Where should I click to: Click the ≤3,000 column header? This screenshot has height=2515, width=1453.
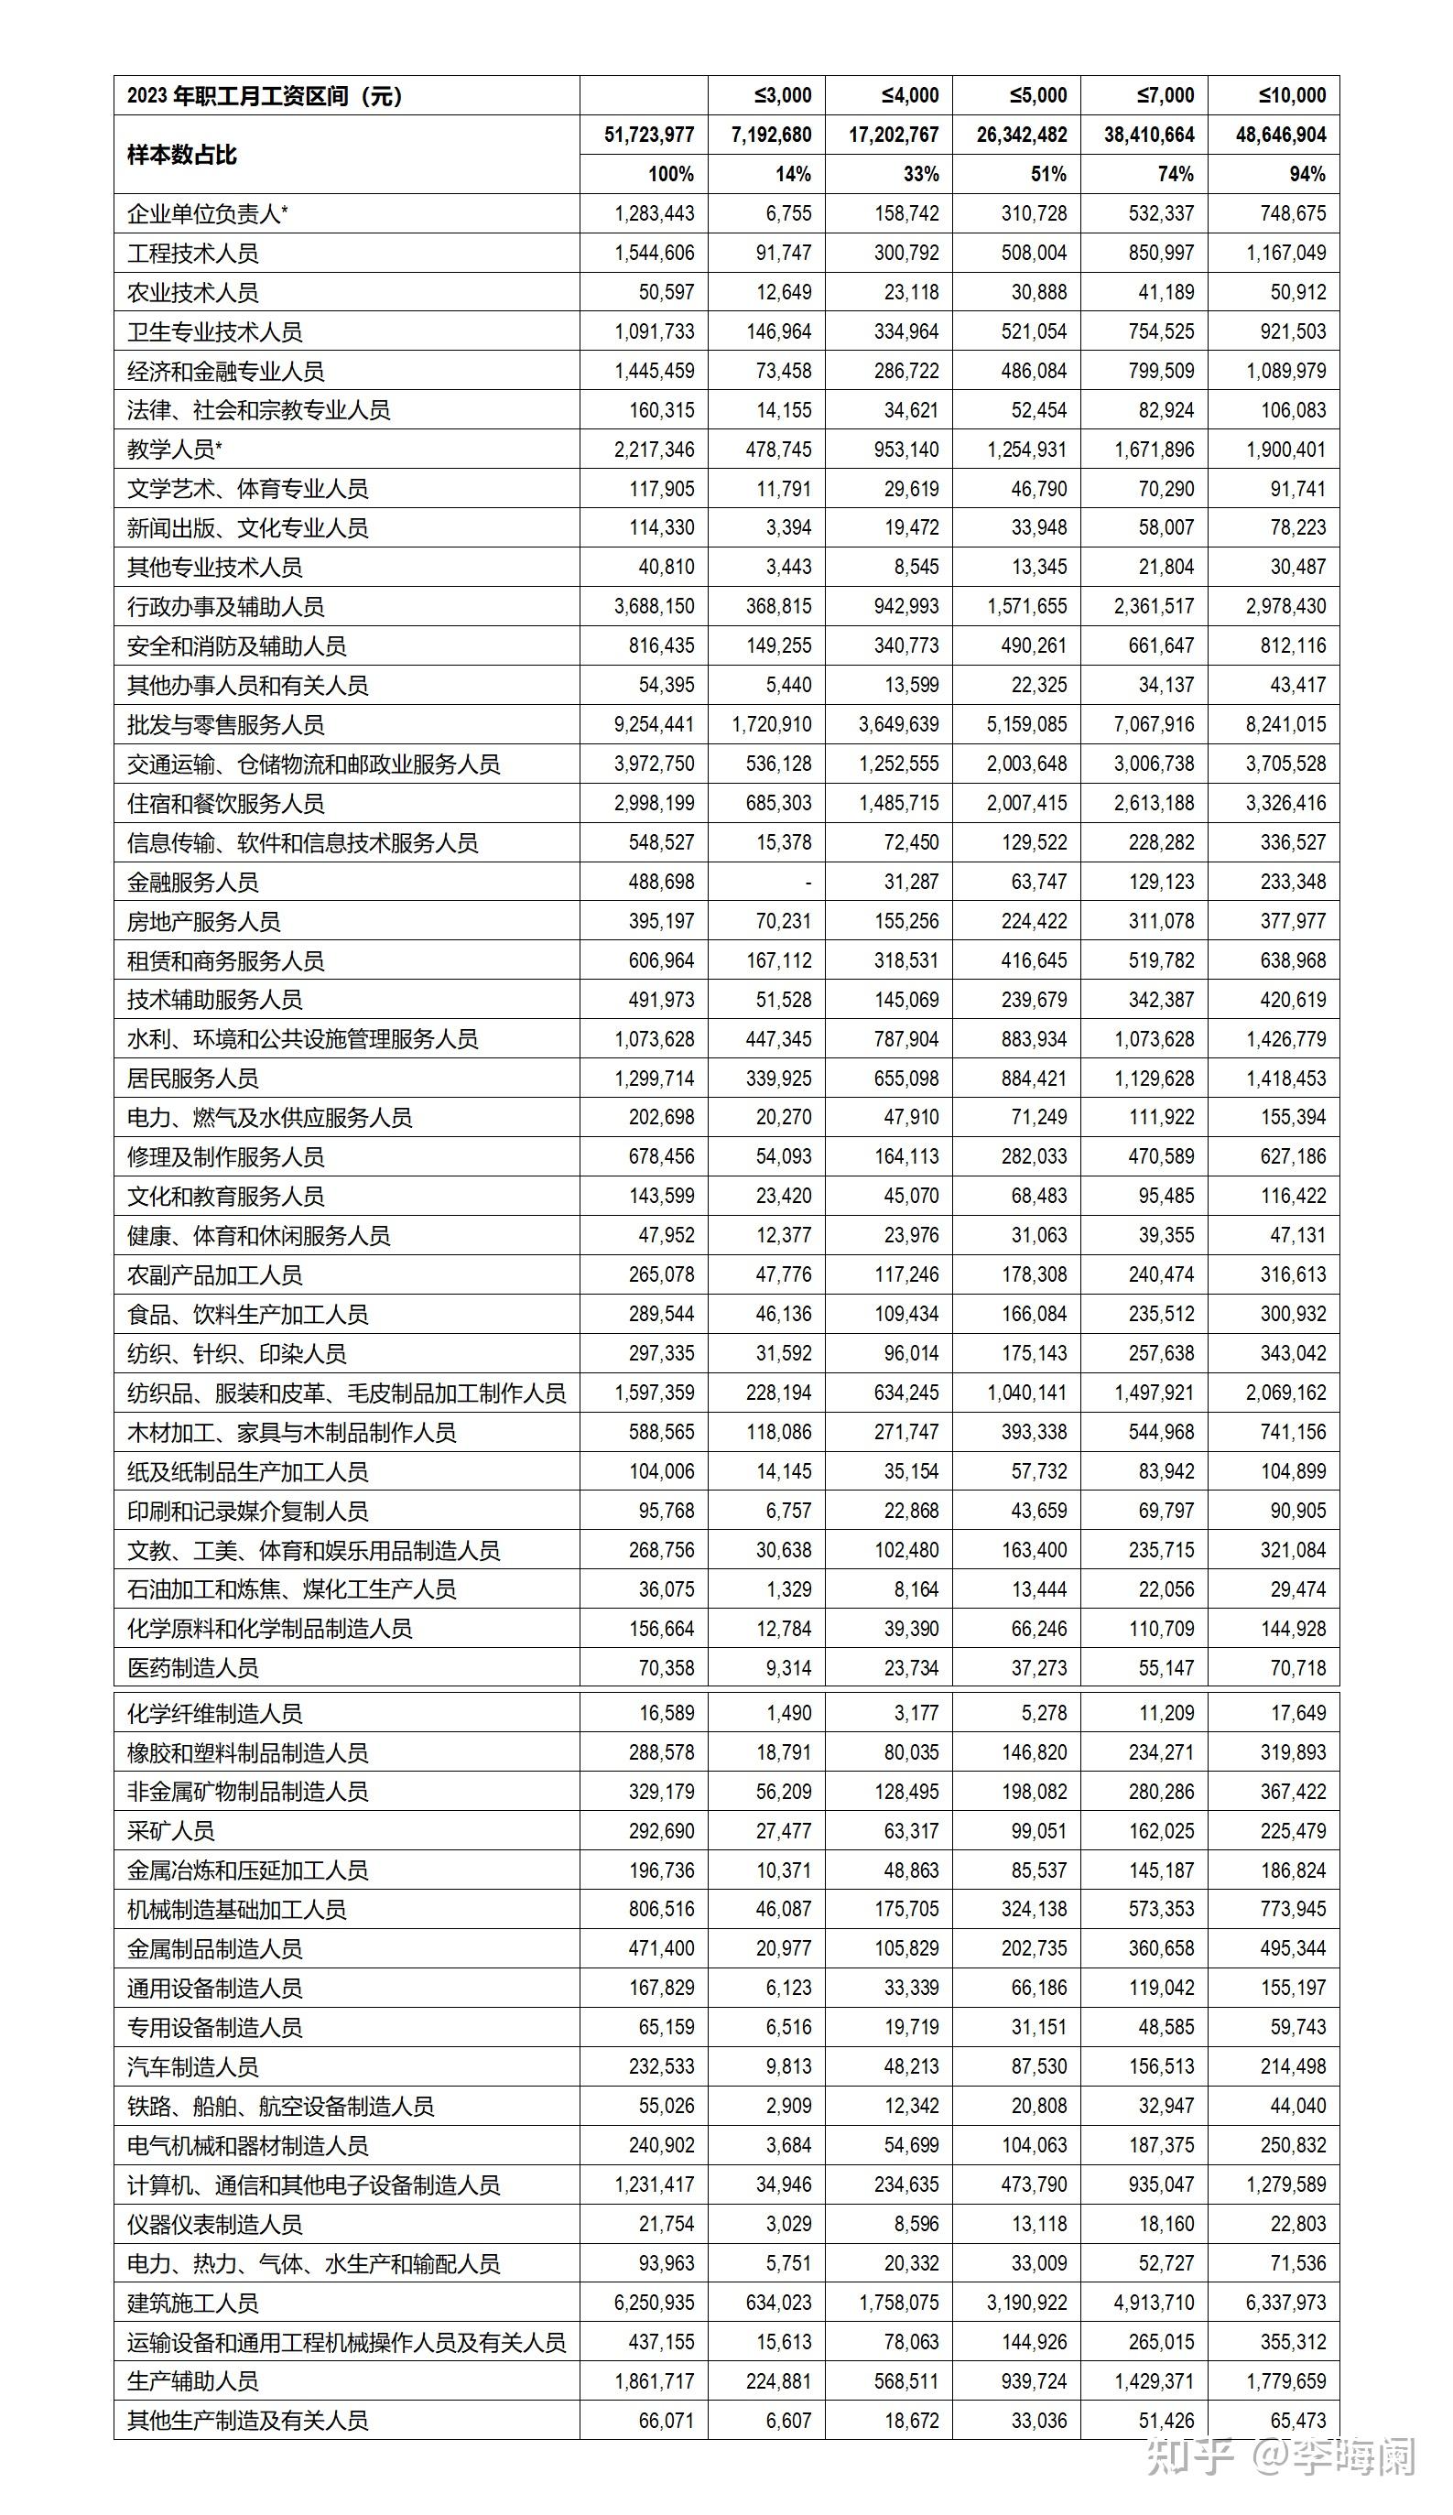click(783, 96)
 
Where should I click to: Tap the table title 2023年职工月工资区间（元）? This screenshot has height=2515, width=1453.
click(265, 96)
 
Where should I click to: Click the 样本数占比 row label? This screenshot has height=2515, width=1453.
click(181, 155)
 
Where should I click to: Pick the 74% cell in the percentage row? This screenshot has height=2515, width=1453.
click(1175, 175)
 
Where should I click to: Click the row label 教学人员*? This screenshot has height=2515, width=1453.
click(175, 450)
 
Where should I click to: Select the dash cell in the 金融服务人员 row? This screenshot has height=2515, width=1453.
click(808, 882)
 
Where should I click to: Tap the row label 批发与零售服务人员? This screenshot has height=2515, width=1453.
click(225, 724)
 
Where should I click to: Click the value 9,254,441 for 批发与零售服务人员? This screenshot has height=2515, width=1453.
click(654, 724)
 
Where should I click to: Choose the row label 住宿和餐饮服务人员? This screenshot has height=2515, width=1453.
click(225, 803)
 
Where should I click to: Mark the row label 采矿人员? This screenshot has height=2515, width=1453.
click(170, 1831)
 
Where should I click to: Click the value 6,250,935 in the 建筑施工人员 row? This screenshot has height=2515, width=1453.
click(654, 2303)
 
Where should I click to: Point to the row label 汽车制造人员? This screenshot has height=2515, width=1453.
click(192, 2066)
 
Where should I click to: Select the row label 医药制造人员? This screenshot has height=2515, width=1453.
click(192, 1667)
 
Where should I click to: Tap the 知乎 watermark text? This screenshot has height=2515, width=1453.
click(1189, 2456)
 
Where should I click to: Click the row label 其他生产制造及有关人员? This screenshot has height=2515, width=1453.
click(247, 2420)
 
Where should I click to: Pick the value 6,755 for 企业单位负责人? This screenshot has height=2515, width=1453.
click(788, 213)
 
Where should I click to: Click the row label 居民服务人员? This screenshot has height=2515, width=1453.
click(192, 1079)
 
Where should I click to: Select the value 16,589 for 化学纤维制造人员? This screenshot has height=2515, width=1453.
click(667, 1713)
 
